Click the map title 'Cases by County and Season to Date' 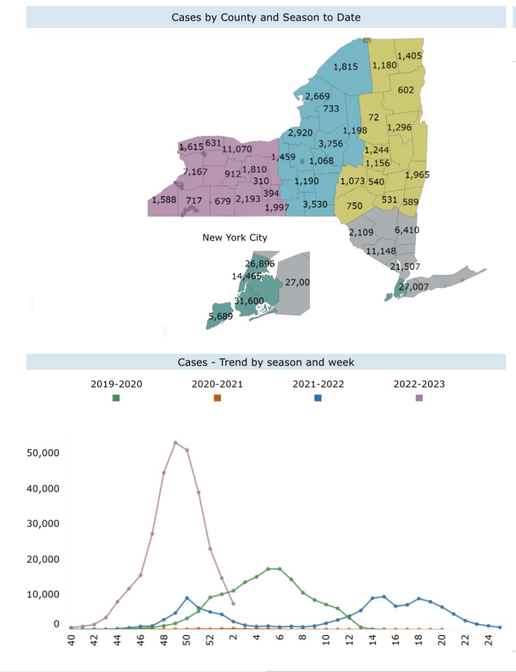tap(266, 18)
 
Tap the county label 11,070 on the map tap(237, 149)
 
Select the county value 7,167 tap(195, 171)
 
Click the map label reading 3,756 tap(330, 144)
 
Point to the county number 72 tap(374, 117)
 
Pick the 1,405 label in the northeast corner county tap(409, 56)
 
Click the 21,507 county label tap(405, 267)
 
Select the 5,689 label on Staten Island tap(220, 316)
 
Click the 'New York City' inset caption tap(234, 238)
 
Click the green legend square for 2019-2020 tap(116, 398)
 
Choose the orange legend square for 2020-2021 tap(217, 398)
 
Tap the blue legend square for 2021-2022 tap(318, 398)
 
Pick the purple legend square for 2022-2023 tap(419, 398)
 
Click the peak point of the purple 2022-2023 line tap(175, 443)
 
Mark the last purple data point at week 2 tap(233, 603)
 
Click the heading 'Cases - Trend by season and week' tap(266, 362)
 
